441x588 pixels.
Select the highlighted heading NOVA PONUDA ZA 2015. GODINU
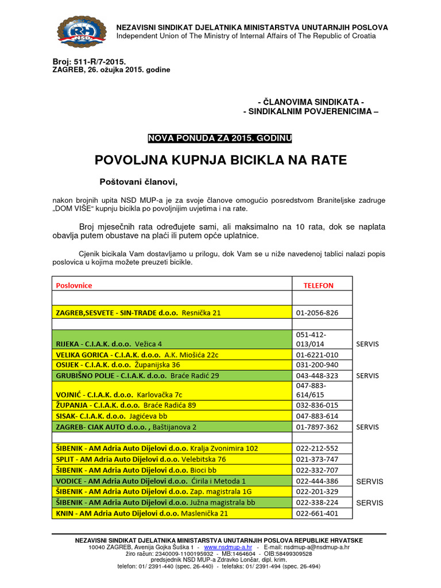220,138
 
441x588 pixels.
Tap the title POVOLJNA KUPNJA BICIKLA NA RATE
220,160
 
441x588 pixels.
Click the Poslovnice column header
73,285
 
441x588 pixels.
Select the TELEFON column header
318,285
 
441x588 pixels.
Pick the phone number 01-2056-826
316,313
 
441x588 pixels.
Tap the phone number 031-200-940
316,365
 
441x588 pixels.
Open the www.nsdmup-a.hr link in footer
228,547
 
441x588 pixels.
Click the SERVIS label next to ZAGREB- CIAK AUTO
368,427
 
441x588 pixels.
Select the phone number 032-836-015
316,405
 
